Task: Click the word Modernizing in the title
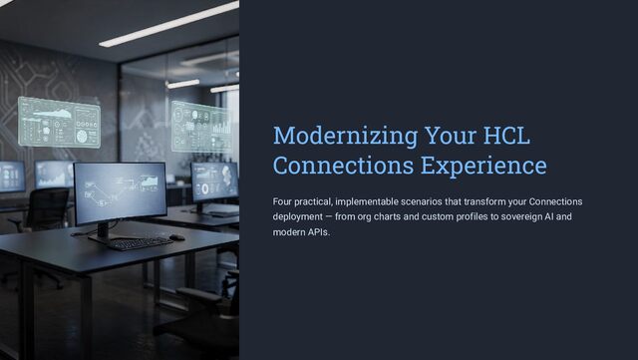click(346, 137)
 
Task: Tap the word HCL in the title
click(506, 136)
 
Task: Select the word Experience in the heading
click(483, 167)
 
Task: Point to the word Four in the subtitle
click(281, 201)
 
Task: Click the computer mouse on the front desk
click(177, 237)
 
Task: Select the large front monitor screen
click(120, 192)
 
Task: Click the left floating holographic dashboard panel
click(60, 123)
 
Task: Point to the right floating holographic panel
click(201, 127)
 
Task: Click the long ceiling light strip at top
click(168, 24)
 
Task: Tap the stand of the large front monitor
click(104, 233)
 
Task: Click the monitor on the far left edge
click(11, 177)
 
